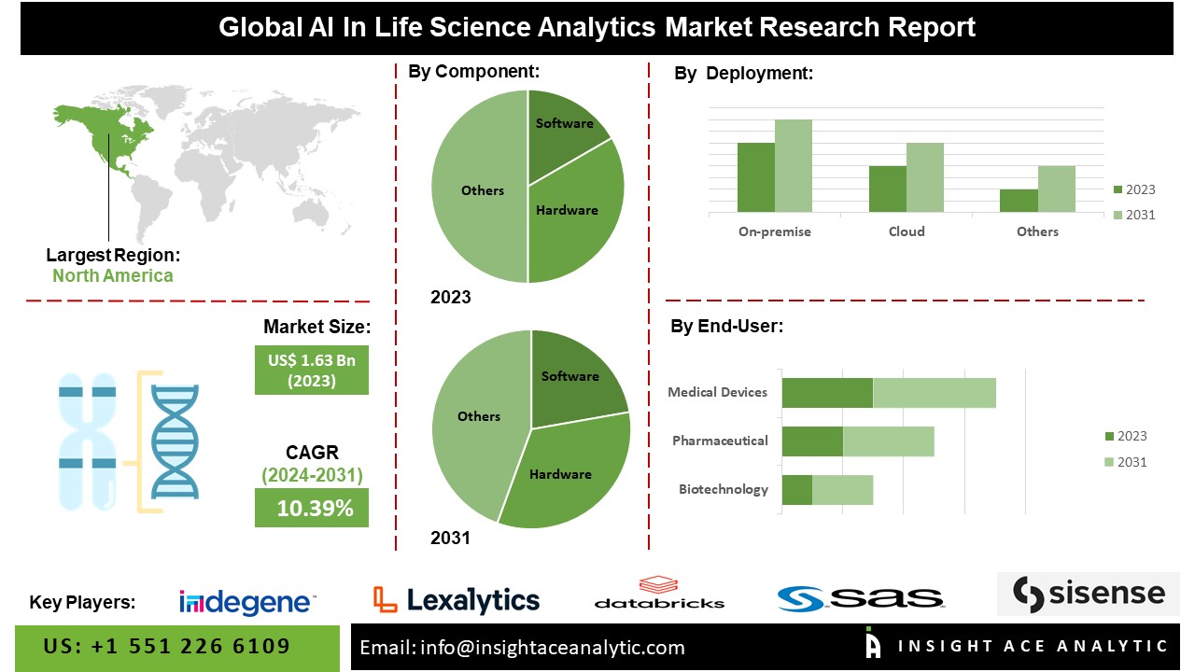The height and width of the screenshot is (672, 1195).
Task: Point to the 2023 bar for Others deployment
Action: pos(1019,201)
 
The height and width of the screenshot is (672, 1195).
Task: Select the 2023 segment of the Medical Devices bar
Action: pos(827,393)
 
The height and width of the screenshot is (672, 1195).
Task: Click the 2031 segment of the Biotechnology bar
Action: pos(842,490)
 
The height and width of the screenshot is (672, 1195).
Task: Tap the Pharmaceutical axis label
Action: pos(720,441)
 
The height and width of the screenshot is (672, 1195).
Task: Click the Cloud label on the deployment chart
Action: pos(907,231)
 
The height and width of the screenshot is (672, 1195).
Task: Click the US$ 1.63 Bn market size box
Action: pos(312,370)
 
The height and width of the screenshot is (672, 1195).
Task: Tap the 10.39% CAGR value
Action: pos(315,509)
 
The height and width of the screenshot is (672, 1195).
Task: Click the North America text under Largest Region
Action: pos(112,275)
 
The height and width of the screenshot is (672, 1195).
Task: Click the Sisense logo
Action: pos(1089,594)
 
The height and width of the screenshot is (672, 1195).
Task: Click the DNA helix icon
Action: pos(175,441)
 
